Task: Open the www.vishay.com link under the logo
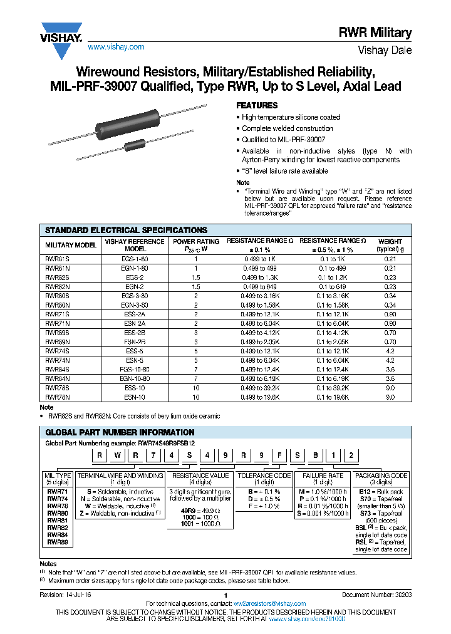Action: [116, 47]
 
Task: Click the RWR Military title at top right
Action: [383, 33]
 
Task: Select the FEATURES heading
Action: [256, 105]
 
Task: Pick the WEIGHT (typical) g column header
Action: [390, 244]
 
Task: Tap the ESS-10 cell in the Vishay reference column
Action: [135, 388]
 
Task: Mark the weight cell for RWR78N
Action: [390, 397]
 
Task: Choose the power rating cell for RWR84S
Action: [195, 370]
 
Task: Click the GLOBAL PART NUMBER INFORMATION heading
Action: [120, 432]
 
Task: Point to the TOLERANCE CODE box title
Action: [265, 476]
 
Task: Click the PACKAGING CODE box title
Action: [382, 476]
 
